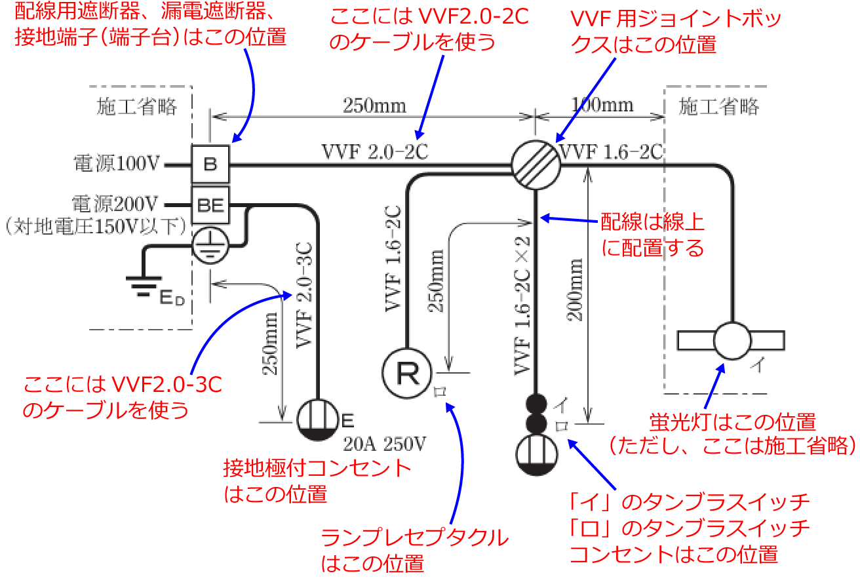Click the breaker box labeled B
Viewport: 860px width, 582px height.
[x=210, y=163]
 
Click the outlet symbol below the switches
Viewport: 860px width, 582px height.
[x=536, y=451]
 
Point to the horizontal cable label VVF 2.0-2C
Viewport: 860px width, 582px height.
[x=375, y=151]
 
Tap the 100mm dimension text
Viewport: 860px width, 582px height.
[x=603, y=105]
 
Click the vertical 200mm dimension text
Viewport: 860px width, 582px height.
[x=576, y=288]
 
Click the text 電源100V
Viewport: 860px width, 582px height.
[x=117, y=164]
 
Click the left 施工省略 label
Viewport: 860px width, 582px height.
[x=137, y=107]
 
